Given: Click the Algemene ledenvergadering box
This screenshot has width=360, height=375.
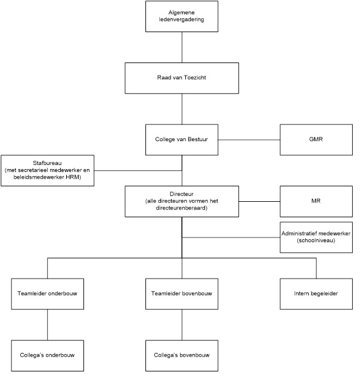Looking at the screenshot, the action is click(182, 16).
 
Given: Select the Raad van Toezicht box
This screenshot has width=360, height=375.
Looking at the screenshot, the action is click(182, 78).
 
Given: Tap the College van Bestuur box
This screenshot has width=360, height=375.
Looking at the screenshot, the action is click(182, 140).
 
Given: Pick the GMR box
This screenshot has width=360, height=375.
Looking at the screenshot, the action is click(316, 140).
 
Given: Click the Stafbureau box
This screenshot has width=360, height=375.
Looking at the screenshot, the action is click(48, 170).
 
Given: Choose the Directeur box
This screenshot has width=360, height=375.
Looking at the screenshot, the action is click(182, 201).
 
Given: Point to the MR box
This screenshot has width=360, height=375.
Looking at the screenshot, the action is click(316, 201).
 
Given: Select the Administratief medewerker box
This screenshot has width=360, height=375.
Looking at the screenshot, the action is click(316, 237).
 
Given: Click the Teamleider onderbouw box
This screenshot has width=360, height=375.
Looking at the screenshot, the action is click(48, 294).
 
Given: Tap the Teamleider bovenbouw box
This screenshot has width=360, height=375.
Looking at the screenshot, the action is click(182, 294).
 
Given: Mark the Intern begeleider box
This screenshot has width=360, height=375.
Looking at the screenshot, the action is click(316, 294).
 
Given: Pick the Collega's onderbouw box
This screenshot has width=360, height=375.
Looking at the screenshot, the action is click(48, 355).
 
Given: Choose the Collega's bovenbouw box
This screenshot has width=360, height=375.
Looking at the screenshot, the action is click(182, 355).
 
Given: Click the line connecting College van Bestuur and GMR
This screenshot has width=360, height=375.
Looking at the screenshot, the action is click(249, 140).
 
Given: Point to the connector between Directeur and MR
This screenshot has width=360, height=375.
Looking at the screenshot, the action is click(259, 202).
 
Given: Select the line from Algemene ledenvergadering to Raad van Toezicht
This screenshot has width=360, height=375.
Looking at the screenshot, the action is click(182, 48).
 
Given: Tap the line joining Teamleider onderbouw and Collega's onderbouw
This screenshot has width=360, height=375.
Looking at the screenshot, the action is click(48, 325).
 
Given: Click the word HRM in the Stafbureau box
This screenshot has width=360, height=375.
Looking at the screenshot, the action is click(73, 177).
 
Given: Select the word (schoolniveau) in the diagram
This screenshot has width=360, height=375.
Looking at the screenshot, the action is click(316, 240).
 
